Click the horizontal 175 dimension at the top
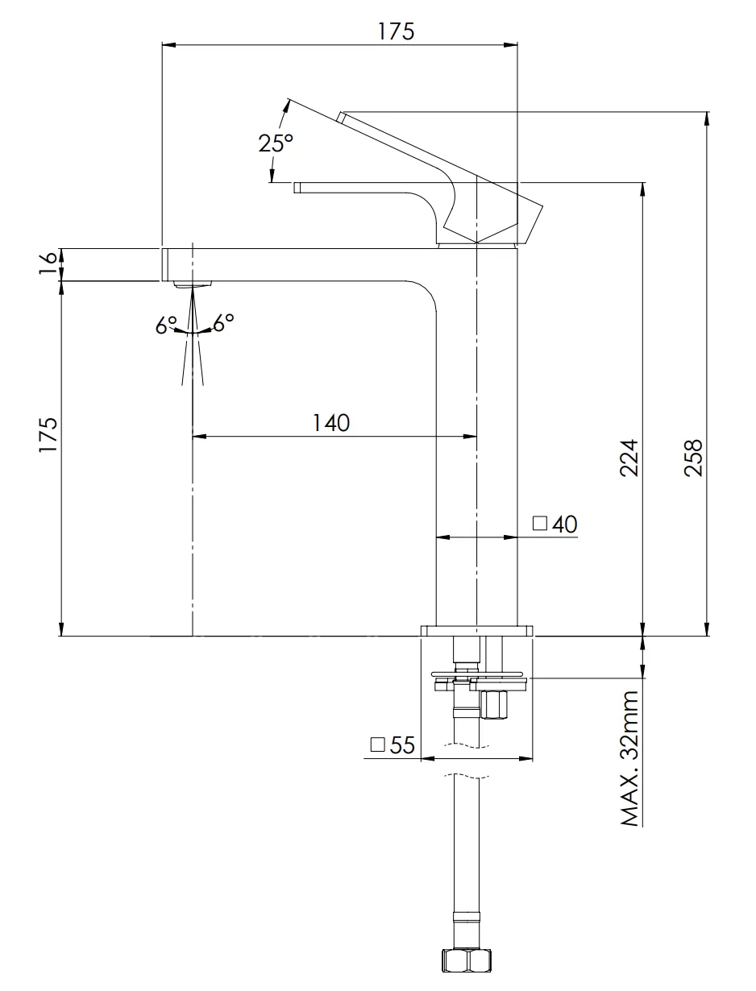point(396,31)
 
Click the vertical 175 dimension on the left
point(49,435)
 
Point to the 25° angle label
point(276,143)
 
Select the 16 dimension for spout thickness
point(49,264)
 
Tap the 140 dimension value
point(332,422)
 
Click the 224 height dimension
point(629,457)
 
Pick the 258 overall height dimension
point(693,457)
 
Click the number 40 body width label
point(565,525)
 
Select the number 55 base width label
point(401,745)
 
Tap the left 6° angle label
point(167,325)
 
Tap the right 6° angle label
point(224,322)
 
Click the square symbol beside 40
point(540,524)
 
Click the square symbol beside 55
point(377,744)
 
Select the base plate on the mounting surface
point(477,630)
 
